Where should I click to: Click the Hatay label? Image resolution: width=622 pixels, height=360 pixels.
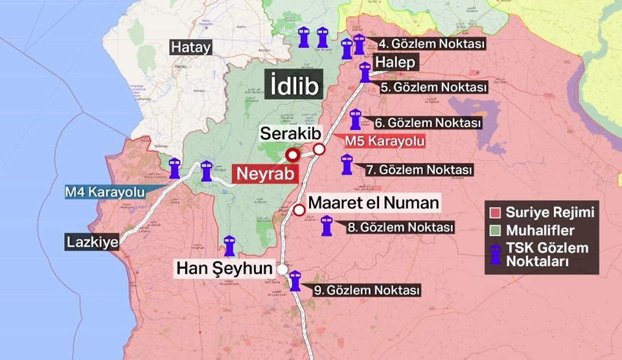pyautogui.click(x=190, y=47)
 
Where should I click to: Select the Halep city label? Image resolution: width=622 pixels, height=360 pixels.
pyautogui.click(x=395, y=62)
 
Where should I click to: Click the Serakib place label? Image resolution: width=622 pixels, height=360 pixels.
pyautogui.click(x=291, y=133)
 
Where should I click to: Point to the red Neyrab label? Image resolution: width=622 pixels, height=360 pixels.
pyautogui.click(x=264, y=174)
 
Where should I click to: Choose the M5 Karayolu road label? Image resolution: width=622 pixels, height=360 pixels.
pyautogui.click(x=384, y=141)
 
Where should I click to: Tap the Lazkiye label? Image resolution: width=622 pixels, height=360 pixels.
pyautogui.click(x=91, y=243)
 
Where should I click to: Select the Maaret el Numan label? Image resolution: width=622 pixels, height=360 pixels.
pyautogui.click(x=374, y=203)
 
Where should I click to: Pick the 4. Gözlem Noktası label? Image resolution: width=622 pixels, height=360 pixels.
pyautogui.click(x=432, y=45)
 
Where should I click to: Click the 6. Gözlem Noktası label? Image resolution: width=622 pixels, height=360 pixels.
pyautogui.click(x=427, y=122)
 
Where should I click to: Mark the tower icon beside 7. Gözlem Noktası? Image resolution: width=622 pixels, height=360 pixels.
pyautogui.click(x=347, y=164)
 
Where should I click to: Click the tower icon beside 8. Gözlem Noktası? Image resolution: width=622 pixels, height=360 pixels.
pyautogui.click(x=327, y=225)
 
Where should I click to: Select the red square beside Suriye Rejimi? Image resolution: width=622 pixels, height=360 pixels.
pyautogui.click(x=496, y=212)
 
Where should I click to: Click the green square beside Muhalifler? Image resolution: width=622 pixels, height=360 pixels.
pyautogui.click(x=496, y=230)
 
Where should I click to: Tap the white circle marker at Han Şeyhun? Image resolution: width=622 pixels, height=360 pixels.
pyautogui.click(x=282, y=269)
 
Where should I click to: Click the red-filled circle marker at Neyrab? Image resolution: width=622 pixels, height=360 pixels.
pyautogui.click(x=292, y=155)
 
